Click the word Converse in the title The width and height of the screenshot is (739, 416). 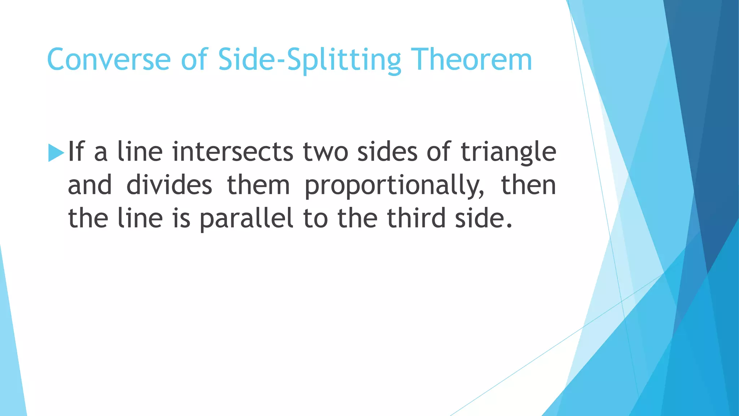(x=109, y=60)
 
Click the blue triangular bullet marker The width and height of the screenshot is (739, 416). (x=56, y=153)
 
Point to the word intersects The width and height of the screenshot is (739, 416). (x=233, y=151)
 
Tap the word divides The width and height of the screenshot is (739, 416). (x=169, y=185)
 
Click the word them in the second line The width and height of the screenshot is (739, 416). (x=258, y=185)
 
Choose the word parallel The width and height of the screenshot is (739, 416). (x=246, y=219)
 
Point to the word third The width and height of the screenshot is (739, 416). (x=416, y=218)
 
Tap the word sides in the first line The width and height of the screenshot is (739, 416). (x=387, y=151)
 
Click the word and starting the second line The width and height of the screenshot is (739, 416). (x=90, y=185)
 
